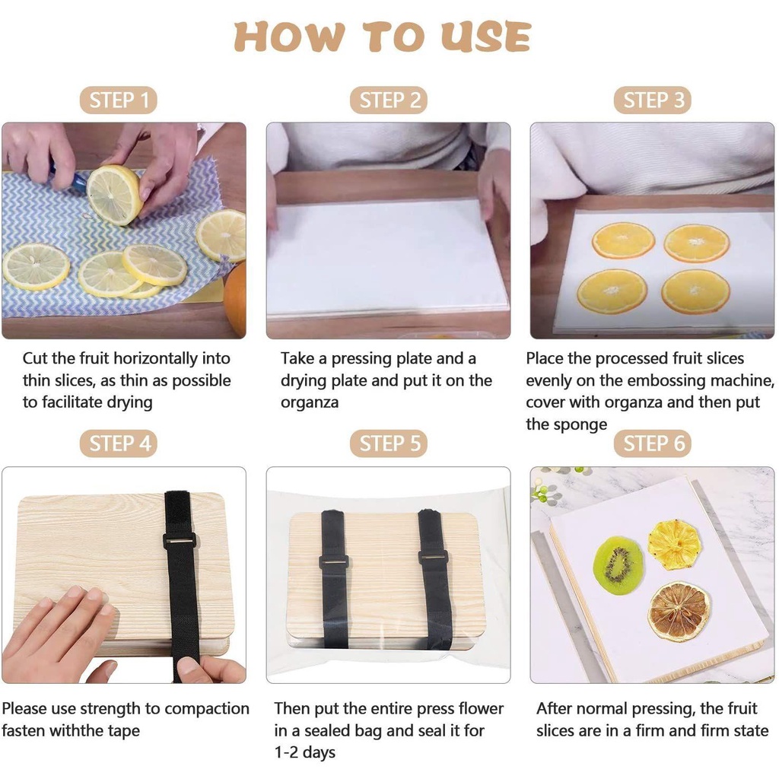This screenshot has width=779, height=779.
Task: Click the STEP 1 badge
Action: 118,100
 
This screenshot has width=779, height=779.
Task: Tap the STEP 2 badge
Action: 389,100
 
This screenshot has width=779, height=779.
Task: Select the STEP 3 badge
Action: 652,100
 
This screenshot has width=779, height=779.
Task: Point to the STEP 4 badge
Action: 118,444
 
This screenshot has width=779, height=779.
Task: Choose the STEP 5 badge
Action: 389,444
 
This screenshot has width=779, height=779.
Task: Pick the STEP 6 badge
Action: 652,444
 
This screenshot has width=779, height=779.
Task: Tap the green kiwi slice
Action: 618,565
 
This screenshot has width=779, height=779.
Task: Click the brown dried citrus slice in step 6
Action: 679,611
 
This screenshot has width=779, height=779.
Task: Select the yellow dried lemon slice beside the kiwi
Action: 674,544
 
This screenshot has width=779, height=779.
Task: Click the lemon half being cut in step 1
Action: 114,196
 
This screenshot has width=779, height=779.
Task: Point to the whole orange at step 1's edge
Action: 236,299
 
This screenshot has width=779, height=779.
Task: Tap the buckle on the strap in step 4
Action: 180,541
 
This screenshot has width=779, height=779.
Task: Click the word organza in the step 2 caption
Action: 310,402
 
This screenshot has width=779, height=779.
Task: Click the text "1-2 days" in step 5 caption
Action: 305,752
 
